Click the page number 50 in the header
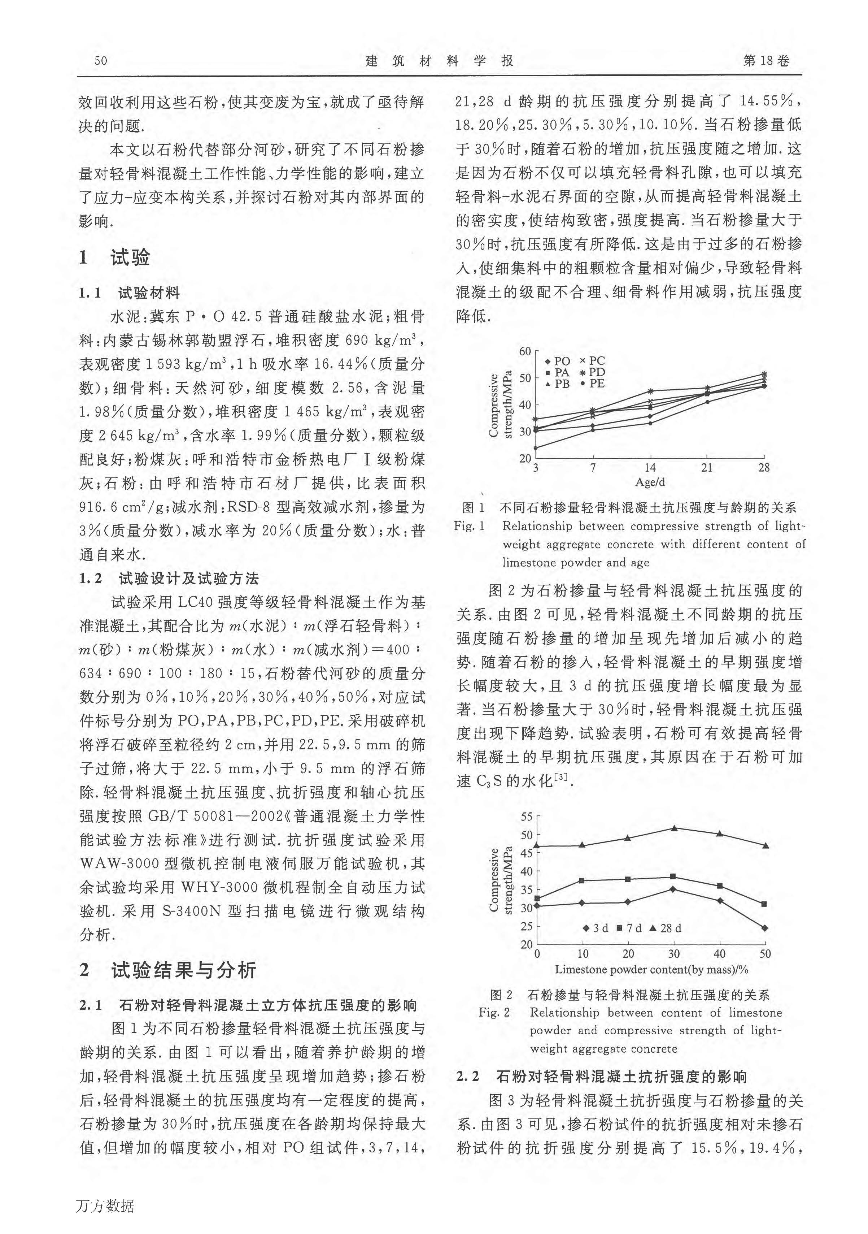click(100, 61)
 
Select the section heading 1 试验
click(114, 258)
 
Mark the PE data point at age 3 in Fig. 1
click(536, 447)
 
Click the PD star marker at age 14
click(650, 391)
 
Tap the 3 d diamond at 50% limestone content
click(765, 928)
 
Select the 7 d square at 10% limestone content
click(583, 880)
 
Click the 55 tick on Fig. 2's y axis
click(526, 817)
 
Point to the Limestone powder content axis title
click(651, 969)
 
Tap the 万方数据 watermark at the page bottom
click(105, 1217)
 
